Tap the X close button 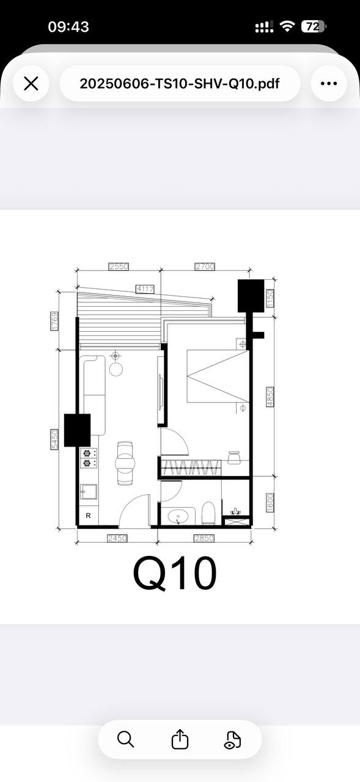31,84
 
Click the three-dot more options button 329,84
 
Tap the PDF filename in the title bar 180,84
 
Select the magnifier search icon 125,739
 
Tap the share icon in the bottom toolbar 180,739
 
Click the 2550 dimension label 119,266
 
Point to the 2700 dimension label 205,266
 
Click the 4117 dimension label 145,289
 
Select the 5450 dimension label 54,439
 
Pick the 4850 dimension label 270,396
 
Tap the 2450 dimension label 117,538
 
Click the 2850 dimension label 204,538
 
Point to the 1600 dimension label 270,503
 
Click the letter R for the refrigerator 89,516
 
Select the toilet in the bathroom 208,513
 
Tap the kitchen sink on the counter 89,492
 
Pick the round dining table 125,463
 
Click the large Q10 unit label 175,573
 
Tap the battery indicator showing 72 314,26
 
